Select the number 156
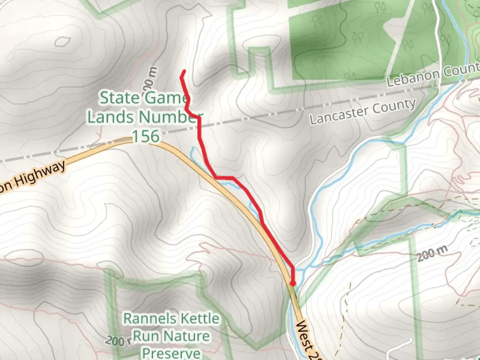click(x=146, y=136)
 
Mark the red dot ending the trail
click(x=293, y=284)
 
